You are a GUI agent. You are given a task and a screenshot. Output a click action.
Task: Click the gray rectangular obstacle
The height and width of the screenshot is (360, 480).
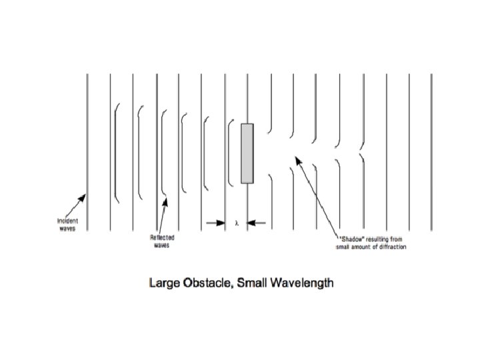click(x=247, y=153)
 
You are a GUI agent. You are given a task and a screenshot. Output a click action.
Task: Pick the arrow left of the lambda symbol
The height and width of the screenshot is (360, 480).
click(x=215, y=223)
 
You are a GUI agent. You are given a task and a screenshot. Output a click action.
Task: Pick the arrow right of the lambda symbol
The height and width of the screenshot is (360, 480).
click(x=257, y=223)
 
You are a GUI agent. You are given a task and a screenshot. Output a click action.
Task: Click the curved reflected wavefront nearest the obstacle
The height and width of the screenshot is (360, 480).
click(x=229, y=153)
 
